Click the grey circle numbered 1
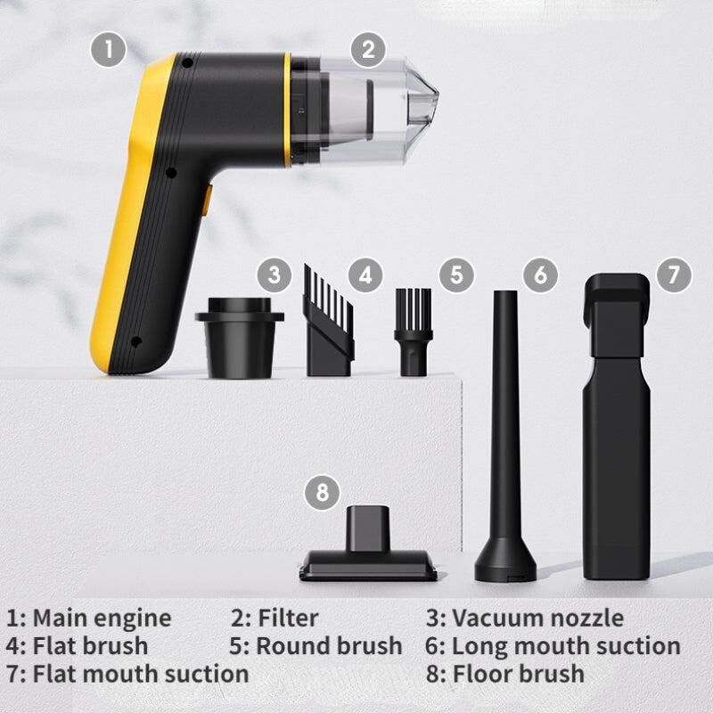pos(108,50)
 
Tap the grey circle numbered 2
pos(368,50)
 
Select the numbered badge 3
pos(275,275)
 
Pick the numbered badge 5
pos(456,275)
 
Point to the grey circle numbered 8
pos(322,493)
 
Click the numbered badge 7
pos(674,275)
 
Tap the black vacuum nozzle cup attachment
pos(240,338)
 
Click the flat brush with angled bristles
pos(328,320)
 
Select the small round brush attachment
pos(414,332)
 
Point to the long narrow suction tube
pos(505,436)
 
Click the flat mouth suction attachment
pos(617,427)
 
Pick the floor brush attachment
pos(368,544)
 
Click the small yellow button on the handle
pos(207,199)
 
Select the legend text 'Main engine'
pos(102,619)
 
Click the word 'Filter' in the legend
pos(288,618)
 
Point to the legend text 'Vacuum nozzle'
pos(538,618)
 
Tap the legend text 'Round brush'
pos(329,645)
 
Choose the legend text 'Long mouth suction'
pos(566,646)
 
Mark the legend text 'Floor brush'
pos(519,674)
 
